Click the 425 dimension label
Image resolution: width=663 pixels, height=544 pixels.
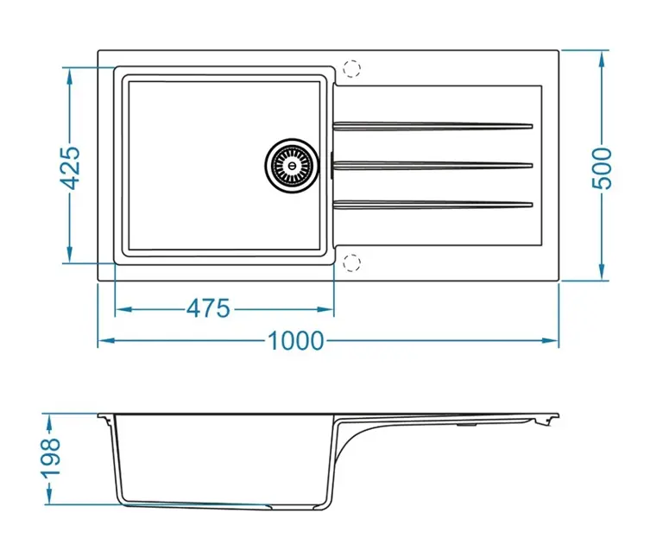click(x=72, y=167)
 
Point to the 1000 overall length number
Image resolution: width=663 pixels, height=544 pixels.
click(x=295, y=341)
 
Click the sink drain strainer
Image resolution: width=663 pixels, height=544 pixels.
click(x=290, y=164)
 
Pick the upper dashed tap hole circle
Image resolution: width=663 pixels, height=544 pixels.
click(x=351, y=67)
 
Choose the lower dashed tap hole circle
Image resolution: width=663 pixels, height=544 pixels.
click(x=351, y=263)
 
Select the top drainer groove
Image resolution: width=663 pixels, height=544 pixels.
click(x=432, y=126)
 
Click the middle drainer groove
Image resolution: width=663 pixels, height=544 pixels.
click(x=432, y=164)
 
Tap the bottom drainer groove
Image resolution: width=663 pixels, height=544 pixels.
click(x=432, y=204)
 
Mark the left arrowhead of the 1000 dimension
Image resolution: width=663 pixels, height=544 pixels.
click(x=103, y=341)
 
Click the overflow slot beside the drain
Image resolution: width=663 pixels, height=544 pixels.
click(x=330, y=164)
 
